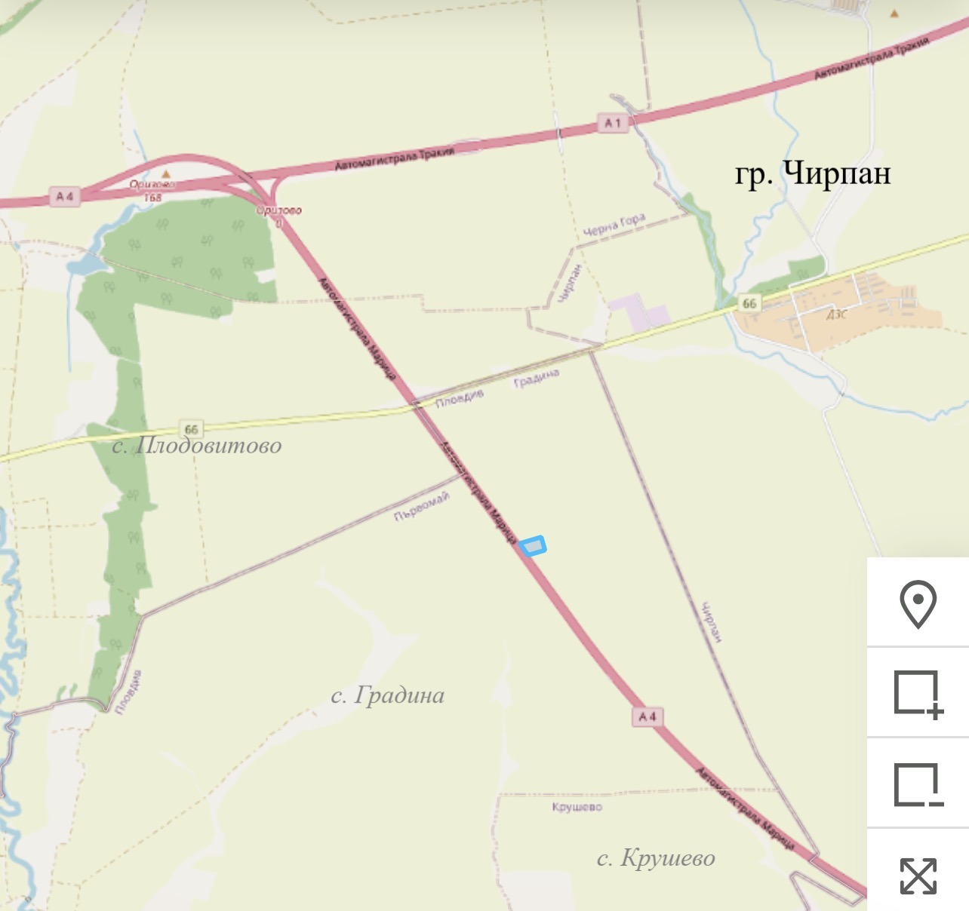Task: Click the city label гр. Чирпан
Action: [x=813, y=173]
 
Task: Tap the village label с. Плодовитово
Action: [x=197, y=446]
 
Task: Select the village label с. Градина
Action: [x=387, y=695]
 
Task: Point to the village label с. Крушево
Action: [x=656, y=857]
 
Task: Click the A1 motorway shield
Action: [x=613, y=123]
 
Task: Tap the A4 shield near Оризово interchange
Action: [x=65, y=197]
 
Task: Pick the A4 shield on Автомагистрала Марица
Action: [x=648, y=716]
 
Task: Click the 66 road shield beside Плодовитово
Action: [x=191, y=429]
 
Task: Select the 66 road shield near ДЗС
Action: [x=749, y=303]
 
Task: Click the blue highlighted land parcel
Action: [x=534, y=545]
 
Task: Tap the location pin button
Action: [x=918, y=603]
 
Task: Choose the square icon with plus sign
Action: [x=918, y=693]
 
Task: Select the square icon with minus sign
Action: [x=918, y=784]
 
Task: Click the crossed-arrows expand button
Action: [x=918, y=875]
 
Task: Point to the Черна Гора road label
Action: [x=614, y=225]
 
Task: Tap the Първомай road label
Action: [x=422, y=506]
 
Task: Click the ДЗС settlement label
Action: [x=836, y=314]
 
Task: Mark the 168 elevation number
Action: [x=152, y=198]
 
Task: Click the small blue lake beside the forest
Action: [x=85, y=263]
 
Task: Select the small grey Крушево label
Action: [x=577, y=807]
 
